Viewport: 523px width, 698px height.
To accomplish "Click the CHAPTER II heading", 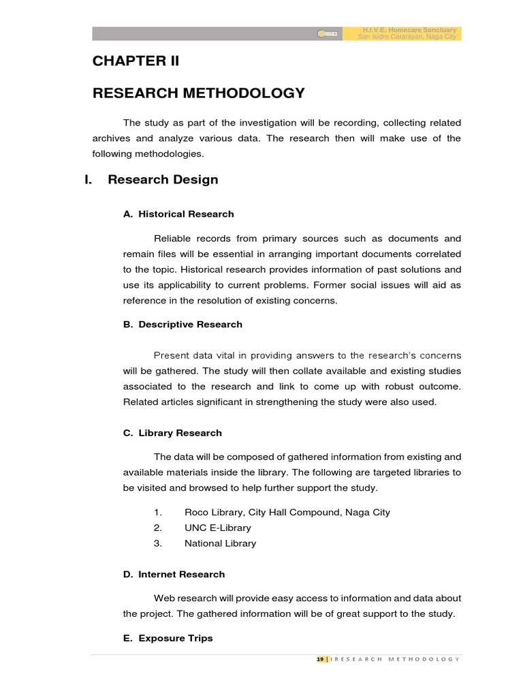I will pyautogui.click(x=136, y=61).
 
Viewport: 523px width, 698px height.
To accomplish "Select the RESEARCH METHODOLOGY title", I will pyautogui.click(x=199, y=93).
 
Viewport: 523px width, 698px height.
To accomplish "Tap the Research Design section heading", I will pyautogui.click(x=163, y=180).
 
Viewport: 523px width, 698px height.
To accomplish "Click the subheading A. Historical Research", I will pyautogui.click(x=178, y=214).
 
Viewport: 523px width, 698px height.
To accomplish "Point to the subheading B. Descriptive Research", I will pyautogui.click(x=183, y=324).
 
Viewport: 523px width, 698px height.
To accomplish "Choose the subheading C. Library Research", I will pyautogui.click(x=172, y=433).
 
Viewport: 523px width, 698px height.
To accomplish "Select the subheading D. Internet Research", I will pyautogui.click(x=174, y=575).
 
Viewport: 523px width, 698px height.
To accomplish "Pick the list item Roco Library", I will pyautogui.click(x=287, y=512).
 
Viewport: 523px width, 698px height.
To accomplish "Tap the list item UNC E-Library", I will pyautogui.click(x=217, y=528).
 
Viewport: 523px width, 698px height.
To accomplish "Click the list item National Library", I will pyautogui.click(x=220, y=543).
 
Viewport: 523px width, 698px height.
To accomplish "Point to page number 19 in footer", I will pyautogui.click(x=320, y=659).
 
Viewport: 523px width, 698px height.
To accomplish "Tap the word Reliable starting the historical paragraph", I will pyautogui.click(x=174, y=239).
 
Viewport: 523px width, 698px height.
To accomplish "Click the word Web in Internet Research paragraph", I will pyautogui.click(x=164, y=598).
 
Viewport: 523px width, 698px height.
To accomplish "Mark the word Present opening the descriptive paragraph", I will pyautogui.click(x=174, y=355).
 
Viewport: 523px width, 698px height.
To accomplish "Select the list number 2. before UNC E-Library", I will pyautogui.click(x=157, y=528).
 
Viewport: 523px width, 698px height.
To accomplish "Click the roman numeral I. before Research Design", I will pyautogui.click(x=88, y=180).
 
